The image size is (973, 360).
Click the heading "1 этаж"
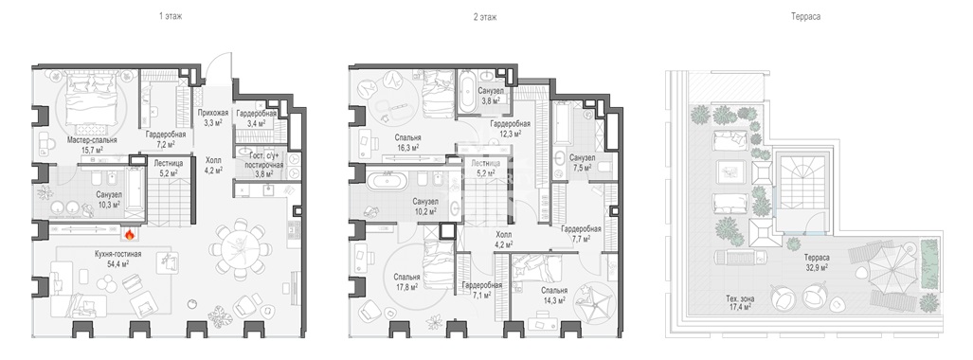171,17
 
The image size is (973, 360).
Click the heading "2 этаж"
484,17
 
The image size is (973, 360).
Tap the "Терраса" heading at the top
805,17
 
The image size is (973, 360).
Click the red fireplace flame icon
129,234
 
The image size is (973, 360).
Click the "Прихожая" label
213,113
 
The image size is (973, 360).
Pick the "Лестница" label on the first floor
166,165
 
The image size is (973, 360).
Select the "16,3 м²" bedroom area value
407,148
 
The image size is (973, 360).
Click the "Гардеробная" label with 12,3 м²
510,123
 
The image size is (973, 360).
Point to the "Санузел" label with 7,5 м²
582,157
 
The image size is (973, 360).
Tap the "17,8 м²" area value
406,287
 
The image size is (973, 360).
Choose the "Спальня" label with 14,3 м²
553,290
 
